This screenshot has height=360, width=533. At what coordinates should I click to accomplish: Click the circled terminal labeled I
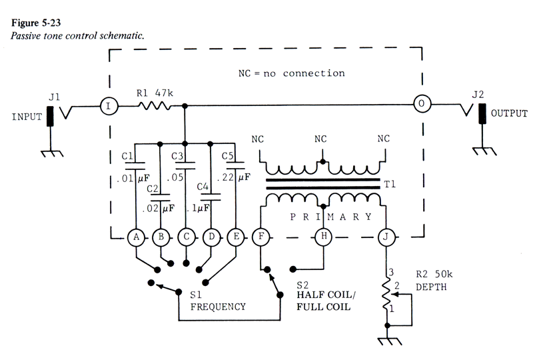pyautogui.click(x=109, y=106)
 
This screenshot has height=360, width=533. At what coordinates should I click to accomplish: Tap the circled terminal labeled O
pyautogui.click(x=422, y=103)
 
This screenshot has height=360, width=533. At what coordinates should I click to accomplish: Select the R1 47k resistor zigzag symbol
pyautogui.click(x=155, y=106)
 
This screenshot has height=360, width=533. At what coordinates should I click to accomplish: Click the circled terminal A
pyautogui.click(x=136, y=237)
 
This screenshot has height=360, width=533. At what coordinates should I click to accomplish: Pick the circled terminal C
pyautogui.click(x=187, y=237)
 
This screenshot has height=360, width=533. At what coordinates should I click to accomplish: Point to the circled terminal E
pyautogui.click(x=237, y=237)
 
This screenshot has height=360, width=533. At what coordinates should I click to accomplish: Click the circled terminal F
pyautogui.click(x=261, y=237)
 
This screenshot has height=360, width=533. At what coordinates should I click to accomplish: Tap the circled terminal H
pyautogui.click(x=324, y=236)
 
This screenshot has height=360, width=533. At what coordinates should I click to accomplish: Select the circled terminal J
pyautogui.click(x=386, y=237)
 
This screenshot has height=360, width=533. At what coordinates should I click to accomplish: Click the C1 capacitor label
pyautogui.click(x=127, y=156)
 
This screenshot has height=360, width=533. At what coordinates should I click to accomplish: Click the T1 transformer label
pyautogui.click(x=390, y=184)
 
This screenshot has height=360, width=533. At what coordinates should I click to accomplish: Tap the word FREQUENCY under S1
pyautogui.click(x=218, y=307)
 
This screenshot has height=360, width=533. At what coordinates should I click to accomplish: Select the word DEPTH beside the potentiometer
pyautogui.click(x=431, y=287)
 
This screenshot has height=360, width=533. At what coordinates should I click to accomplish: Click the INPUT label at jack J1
pyautogui.click(x=27, y=117)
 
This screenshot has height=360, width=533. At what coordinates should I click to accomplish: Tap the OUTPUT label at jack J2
pyautogui.click(x=509, y=113)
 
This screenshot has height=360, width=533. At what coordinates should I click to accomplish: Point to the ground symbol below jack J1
pyautogui.click(x=52, y=153)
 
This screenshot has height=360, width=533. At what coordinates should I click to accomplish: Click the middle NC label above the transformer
pyautogui.click(x=320, y=139)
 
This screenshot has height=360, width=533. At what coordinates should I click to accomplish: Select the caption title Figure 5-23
pyautogui.click(x=36, y=23)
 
